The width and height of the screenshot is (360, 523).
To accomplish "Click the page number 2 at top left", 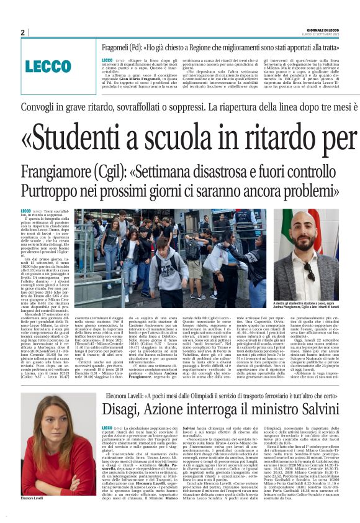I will (22, 32).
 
